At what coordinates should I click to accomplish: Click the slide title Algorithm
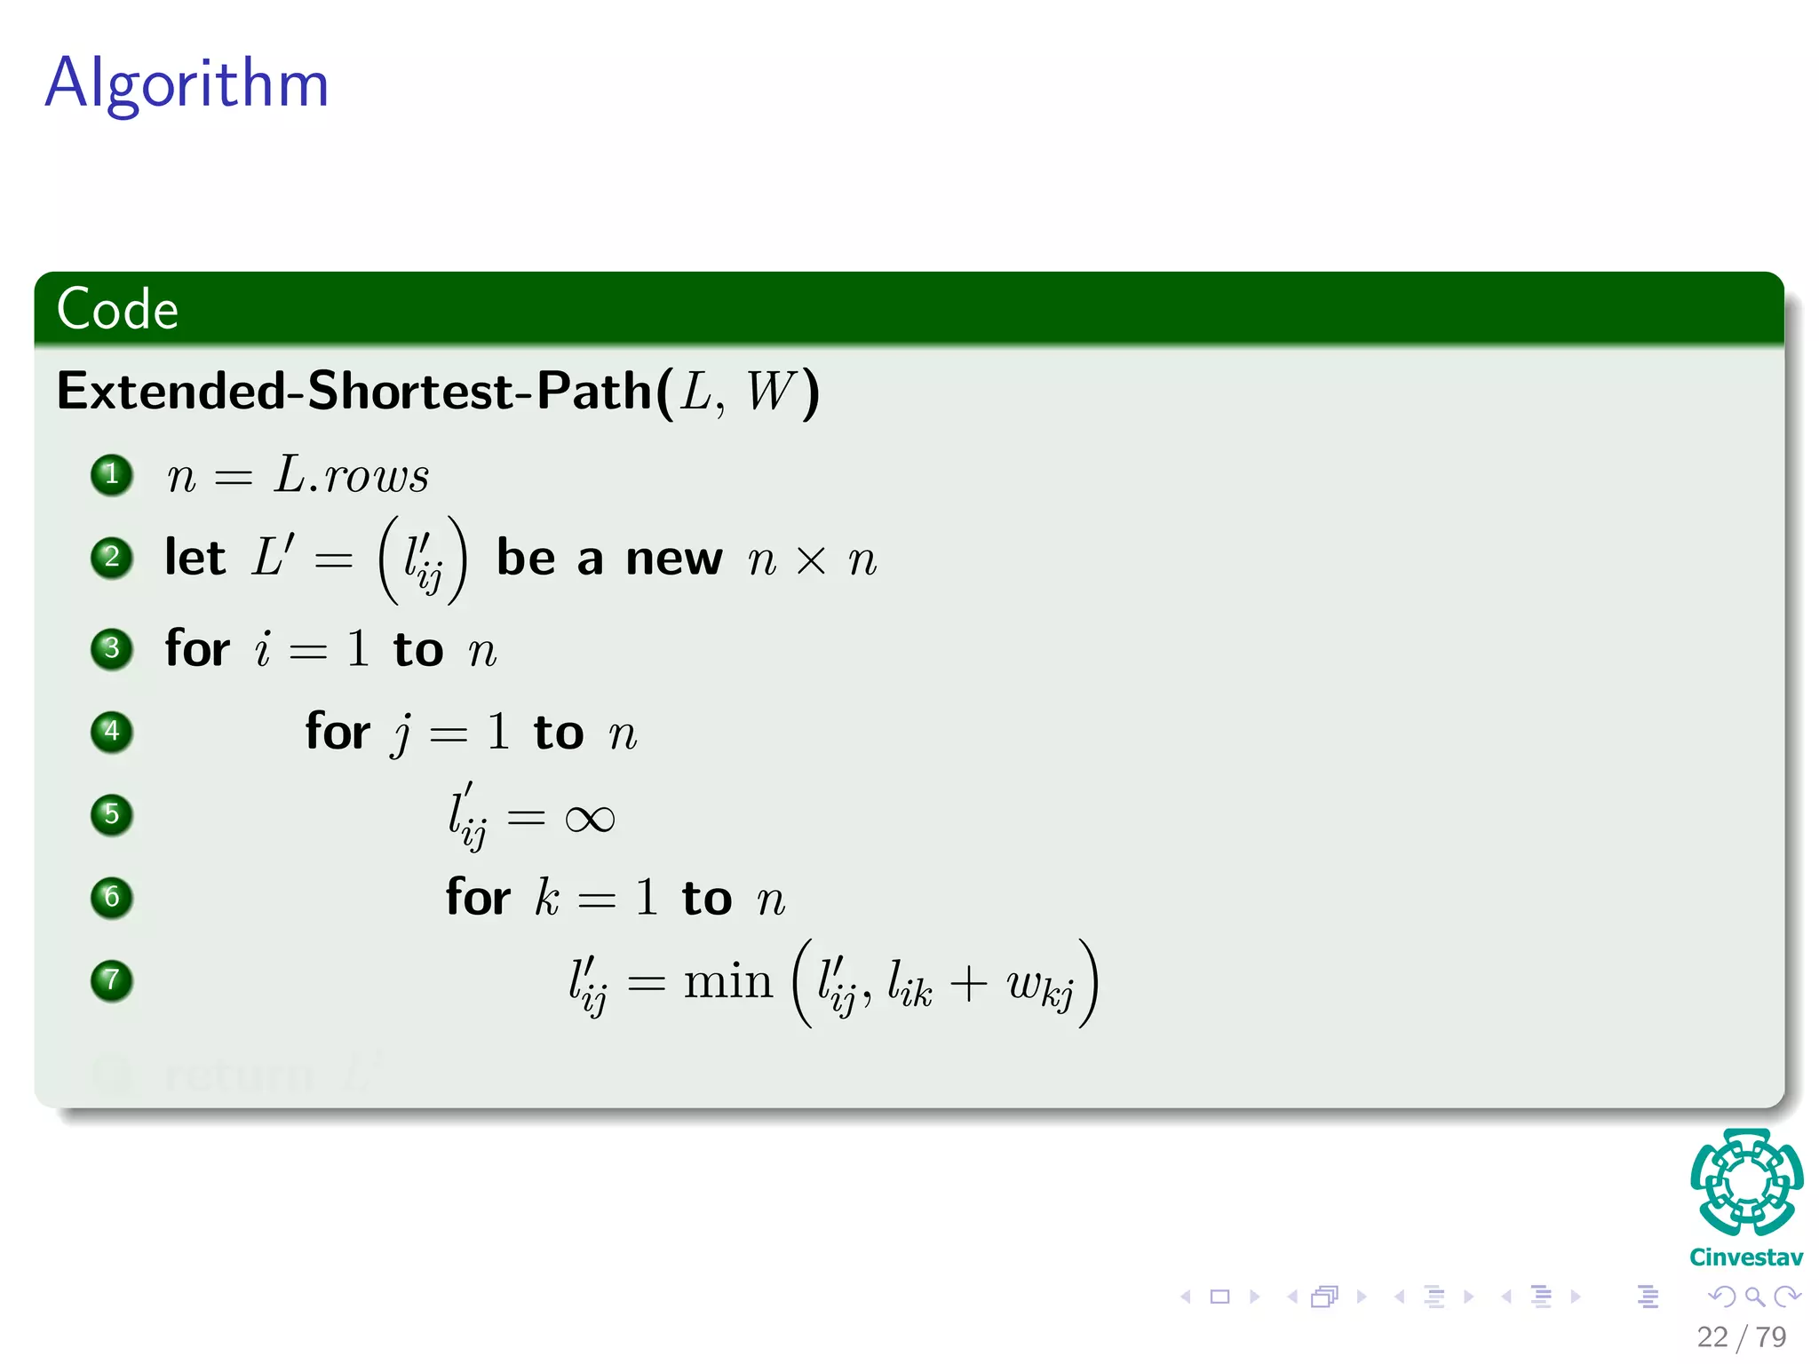187,83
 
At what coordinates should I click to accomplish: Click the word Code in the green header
117,309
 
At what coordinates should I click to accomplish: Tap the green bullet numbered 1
112,474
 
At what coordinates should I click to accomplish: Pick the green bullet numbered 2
112,558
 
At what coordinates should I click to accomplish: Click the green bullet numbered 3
112,648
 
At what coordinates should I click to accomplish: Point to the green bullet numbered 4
112,732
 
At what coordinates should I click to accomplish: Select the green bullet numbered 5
112,814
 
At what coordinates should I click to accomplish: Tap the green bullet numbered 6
112,897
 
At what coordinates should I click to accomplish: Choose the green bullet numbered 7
112,980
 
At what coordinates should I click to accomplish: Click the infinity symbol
590,819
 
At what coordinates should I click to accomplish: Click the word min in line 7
728,982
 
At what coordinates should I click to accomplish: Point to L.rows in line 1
352,476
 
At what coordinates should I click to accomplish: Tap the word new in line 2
674,559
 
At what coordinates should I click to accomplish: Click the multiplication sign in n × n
811,560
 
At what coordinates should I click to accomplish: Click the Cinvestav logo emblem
1746,1181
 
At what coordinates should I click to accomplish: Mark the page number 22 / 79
1741,1336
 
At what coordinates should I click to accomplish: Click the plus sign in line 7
968,984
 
